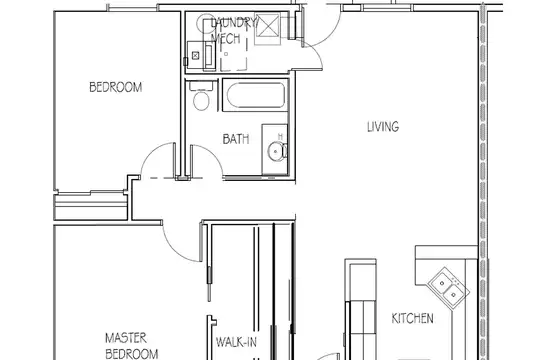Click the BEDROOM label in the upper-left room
116,87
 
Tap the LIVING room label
383,126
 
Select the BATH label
236,139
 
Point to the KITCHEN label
413,318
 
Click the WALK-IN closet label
236,342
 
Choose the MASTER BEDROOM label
132,346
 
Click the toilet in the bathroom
201,96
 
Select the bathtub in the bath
256,95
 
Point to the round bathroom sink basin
276,151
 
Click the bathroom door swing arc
210,154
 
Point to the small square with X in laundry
196,55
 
